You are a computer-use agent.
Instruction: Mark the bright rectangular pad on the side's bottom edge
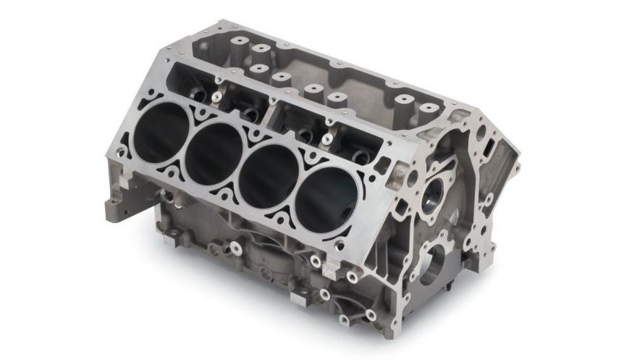(298, 296)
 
